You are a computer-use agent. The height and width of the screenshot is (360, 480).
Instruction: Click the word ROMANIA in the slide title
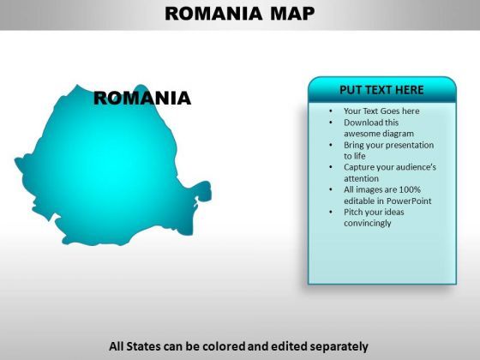pos(213,14)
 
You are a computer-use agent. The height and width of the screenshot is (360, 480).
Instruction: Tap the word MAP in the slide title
pos(292,14)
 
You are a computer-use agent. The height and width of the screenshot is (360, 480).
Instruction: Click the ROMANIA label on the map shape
pos(142,99)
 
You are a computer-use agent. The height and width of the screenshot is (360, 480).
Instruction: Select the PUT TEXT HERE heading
pos(381,90)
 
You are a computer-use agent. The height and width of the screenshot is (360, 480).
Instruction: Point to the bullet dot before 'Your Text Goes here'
pos(331,111)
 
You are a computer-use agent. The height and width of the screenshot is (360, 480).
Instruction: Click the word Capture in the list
pos(356,167)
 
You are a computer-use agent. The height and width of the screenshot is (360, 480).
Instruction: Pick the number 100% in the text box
pos(410,189)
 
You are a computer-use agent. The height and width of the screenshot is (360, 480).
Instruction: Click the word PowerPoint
pos(409,201)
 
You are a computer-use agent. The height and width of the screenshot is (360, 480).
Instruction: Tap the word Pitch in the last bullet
pos(351,212)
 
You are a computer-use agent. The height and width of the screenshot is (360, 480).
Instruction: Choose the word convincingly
pos(368,223)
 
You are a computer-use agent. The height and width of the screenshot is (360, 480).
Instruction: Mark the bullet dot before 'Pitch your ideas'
pos(331,212)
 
